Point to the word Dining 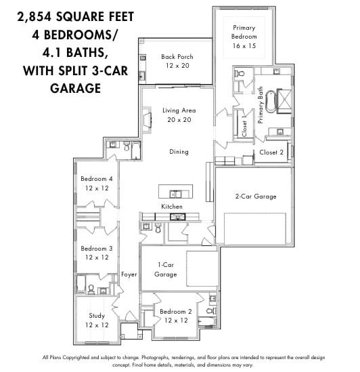tap(179, 152)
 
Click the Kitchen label tap(171, 206)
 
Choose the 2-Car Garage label tap(256, 197)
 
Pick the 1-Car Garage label tap(166, 269)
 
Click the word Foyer tap(129, 274)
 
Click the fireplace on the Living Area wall tap(147, 120)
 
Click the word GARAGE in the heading tap(75, 88)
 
